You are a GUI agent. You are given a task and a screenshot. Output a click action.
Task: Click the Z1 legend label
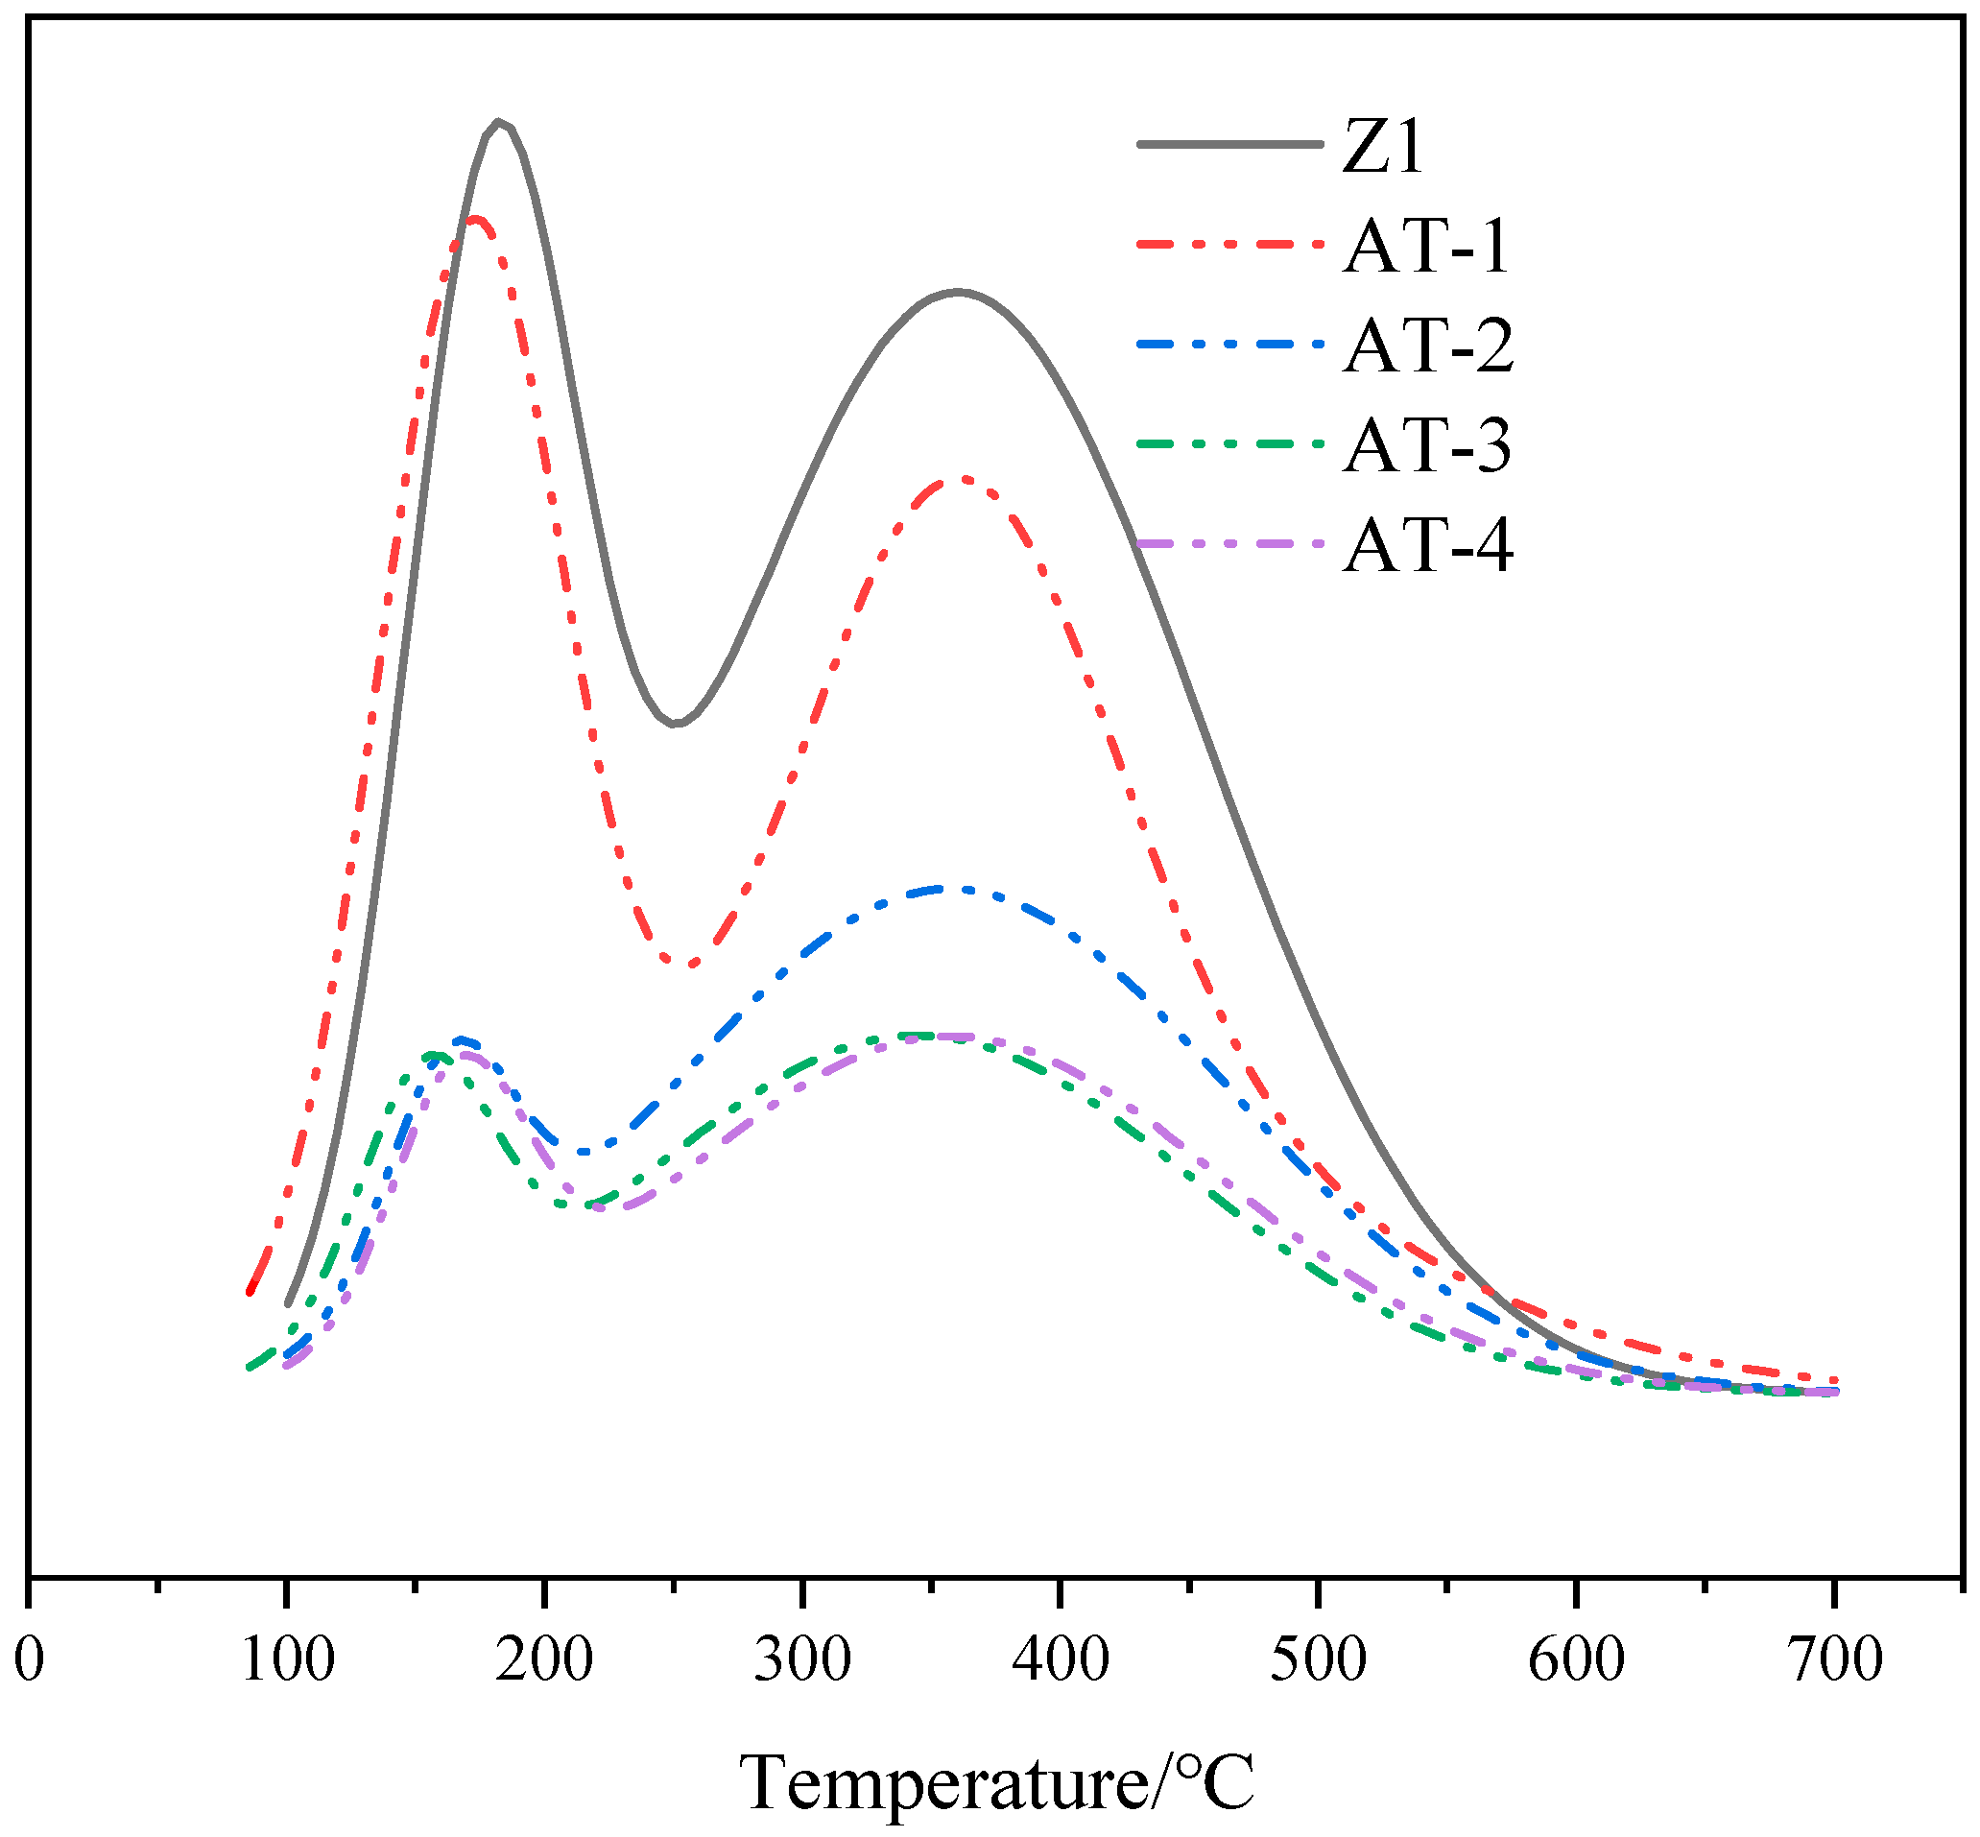point(1383,147)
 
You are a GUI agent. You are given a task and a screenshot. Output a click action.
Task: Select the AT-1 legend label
point(1426,246)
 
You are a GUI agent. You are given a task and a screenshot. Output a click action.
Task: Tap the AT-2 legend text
point(1428,346)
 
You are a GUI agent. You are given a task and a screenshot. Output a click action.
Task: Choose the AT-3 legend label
point(1426,444)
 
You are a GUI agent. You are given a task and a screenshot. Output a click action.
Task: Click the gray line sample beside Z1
point(1229,145)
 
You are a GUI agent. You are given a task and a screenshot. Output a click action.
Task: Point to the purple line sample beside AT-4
point(1229,544)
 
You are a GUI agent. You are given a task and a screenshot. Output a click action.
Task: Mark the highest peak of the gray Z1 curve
point(499,122)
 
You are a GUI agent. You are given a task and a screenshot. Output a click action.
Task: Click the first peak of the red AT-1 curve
point(475,218)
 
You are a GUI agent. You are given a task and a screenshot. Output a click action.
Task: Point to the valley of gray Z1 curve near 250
point(675,724)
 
